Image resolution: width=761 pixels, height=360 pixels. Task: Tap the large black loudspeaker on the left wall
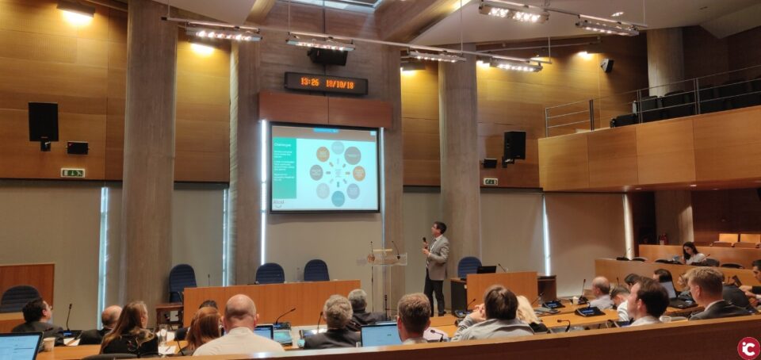44,123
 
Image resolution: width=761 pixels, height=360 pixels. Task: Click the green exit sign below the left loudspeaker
72,172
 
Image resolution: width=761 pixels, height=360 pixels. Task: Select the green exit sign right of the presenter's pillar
491,181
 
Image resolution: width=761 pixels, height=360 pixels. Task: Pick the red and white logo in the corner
748,347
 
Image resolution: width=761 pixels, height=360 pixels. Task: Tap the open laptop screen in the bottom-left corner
19,346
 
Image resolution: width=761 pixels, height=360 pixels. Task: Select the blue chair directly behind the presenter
468,266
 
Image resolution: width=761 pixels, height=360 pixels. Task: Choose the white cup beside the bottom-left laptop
49,343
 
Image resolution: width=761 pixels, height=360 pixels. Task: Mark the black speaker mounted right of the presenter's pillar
514,146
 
